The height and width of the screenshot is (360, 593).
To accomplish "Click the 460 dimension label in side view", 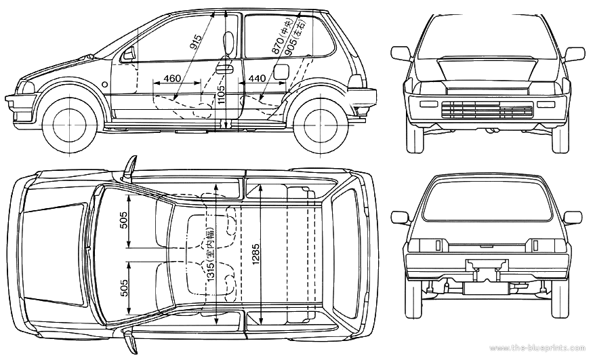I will pyautogui.click(x=172, y=79).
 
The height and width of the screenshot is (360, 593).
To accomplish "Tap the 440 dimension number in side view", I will pyautogui.click(x=257, y=79).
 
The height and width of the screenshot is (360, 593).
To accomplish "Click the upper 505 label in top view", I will pyautogui.click(x=123, y=224).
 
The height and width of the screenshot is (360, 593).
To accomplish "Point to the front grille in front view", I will pyautogui.click(x=486, y=109).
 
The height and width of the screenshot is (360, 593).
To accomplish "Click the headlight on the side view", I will pyautogui.click(x=26, y=87).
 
